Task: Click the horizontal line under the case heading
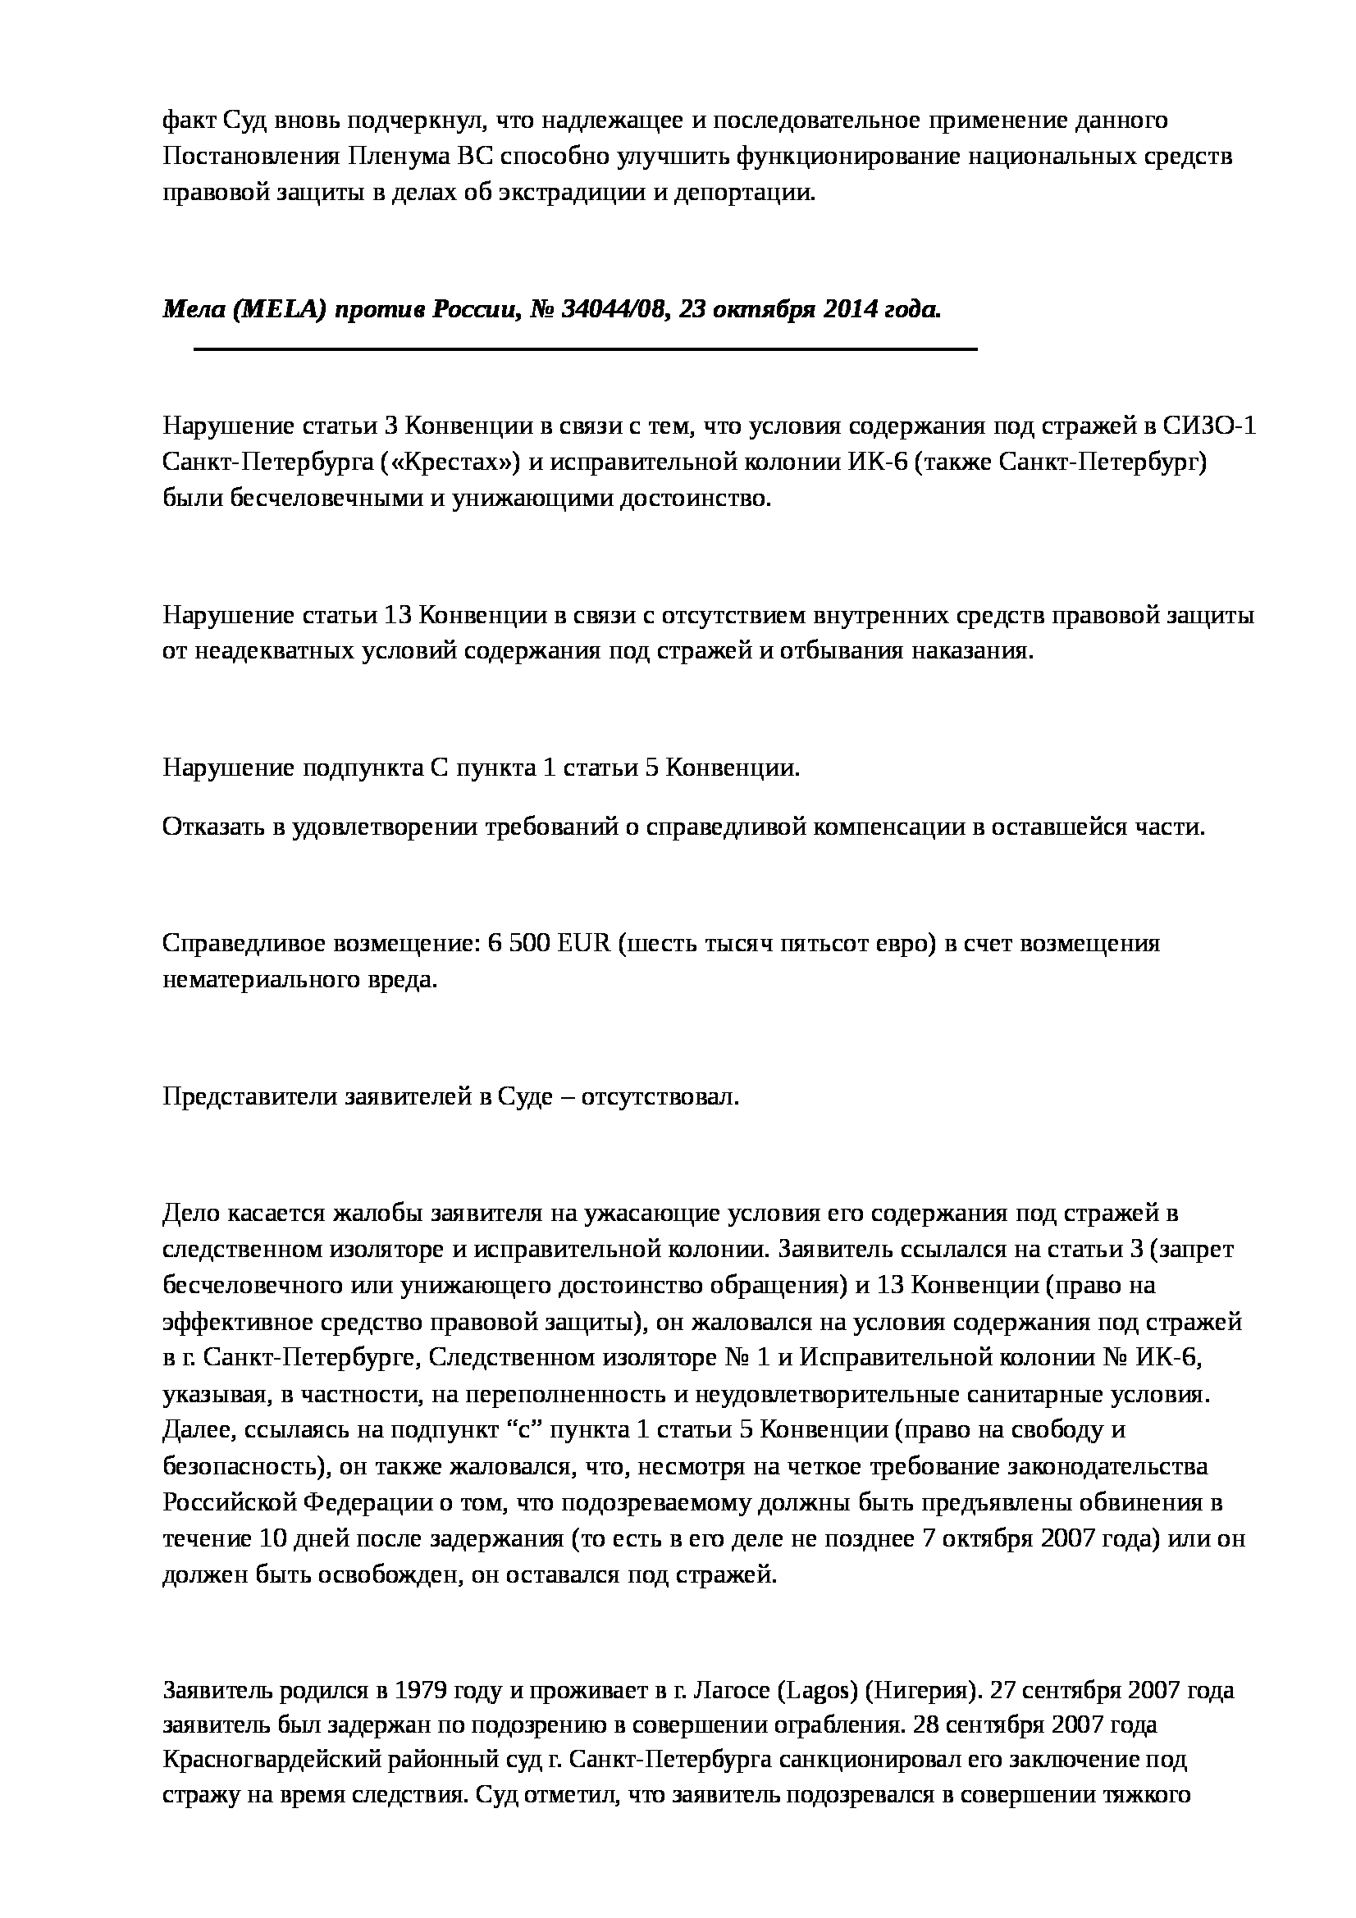tap(585, 349)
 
